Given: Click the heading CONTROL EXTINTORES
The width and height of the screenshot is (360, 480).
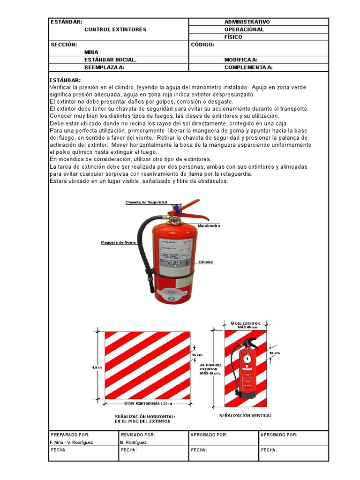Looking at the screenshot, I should pyautogui.click(x=115, y=30).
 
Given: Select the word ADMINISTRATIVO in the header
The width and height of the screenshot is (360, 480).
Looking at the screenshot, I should pyautogui.click(x=247, y=22).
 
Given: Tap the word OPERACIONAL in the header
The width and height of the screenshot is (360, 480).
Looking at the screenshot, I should pyautogui.click(x=244, y=30).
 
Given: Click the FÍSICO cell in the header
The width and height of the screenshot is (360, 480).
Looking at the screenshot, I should pyautogui.click(x=233, y=37).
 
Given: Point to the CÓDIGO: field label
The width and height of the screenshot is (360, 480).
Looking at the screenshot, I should pyautogui.click(x=202, y=45).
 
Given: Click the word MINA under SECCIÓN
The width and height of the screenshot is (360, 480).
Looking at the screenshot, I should pyautogui.click(x=91, y=52).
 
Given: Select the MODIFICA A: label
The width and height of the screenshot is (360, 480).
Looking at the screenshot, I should pyautogui.click(x=241, y=60).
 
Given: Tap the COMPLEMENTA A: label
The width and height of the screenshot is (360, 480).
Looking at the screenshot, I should pyautogui.click(x=248, y=67).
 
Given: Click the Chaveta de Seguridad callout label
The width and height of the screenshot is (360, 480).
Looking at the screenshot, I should pyautogui.click(x=146, y=202).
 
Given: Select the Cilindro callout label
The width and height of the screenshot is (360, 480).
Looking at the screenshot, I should pyautogui.click(x=206, y=262).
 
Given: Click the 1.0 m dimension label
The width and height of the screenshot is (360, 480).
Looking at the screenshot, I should pyautogui.click(x=97, y=368).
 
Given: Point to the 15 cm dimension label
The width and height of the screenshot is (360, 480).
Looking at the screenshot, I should pyautogui.click(x=198, y=355).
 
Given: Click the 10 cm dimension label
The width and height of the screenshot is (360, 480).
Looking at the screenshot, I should pyautogui.click(x=274, y=353).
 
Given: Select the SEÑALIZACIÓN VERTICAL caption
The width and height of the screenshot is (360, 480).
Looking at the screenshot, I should pyautogui.click(x=245, y=415).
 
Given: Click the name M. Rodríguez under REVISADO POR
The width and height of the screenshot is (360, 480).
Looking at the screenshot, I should pyautogui.click(x=134, y=442).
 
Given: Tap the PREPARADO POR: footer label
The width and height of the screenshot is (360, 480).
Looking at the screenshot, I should pyautogui.click(x=70, y=435).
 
